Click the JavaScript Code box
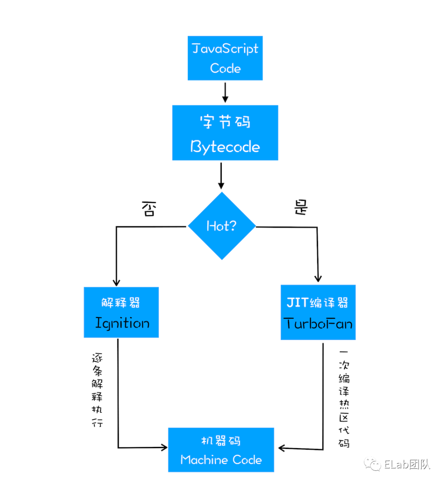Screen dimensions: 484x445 pyautogui.click(x=225, y=58)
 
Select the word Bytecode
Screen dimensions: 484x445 pyautogui.click(x=225, y=147)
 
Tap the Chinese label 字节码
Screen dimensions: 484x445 pyautogui.click(x=225, y=122)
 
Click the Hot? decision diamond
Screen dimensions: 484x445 pyautogui.click(x=222, y=226)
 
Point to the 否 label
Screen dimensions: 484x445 pyautogui.click(x=149, y=209)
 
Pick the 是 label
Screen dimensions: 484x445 pyautogui.click(x=301, y=207)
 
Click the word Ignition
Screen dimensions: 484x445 pyautogui.click(x=122, y=323)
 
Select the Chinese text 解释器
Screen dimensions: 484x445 pyautogui.click(x=121, y=303)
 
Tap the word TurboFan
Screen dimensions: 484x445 pyautogui.click(x=318, y=324)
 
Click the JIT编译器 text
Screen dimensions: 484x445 pyautogui.click(x=317, y=303)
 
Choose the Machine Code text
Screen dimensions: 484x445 pyautogui.click(x=221, y=460)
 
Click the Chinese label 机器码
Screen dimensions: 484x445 pyautogui.click(x=221, y=441)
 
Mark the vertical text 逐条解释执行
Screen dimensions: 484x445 pyautogui.click(x=97, y=390)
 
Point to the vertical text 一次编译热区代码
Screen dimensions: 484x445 pyautogui.click(x=344, y=399)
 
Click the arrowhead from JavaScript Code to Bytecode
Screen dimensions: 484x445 pyautogui.click(x=225, y=99)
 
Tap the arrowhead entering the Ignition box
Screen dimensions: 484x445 pyautogui.click(x=116, y=282)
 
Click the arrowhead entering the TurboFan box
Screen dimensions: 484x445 pyautogui.click(x=318, y=278)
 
